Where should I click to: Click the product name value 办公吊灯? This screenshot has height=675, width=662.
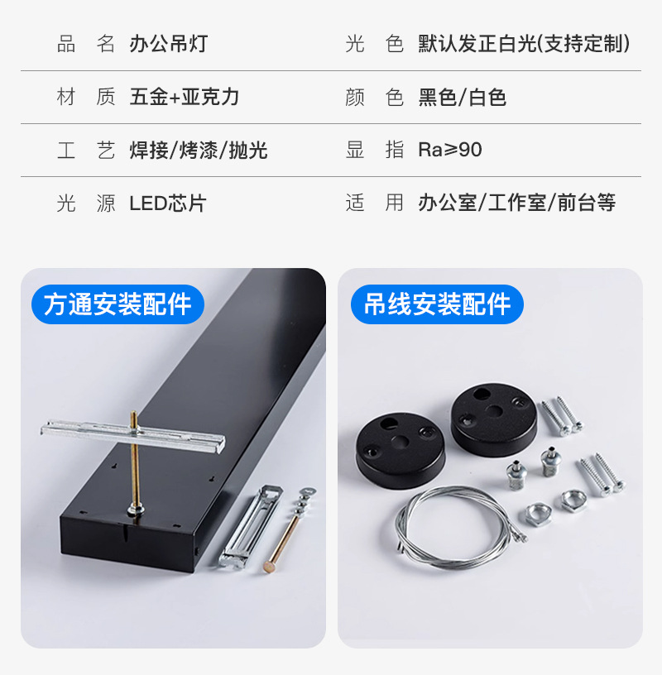(169, 44)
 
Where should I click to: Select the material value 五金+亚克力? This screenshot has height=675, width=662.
(185, 97)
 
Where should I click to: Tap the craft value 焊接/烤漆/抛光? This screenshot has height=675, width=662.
(199, 151)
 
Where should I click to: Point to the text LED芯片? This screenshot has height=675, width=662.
(168, 203)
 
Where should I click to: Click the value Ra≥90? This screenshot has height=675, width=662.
(449, 150)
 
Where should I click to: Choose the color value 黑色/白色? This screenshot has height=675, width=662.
(462, 97)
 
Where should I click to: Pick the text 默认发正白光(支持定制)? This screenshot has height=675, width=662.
(524, 44)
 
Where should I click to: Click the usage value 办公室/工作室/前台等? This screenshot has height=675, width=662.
(517, 203)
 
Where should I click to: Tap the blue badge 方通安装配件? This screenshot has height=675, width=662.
(118, 304)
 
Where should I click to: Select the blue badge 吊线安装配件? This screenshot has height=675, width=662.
(437, 304)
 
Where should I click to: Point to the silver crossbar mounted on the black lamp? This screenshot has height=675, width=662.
(133, 435)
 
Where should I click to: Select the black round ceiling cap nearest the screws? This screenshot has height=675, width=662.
(494, 419)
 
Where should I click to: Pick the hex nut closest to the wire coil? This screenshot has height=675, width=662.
(539, 514)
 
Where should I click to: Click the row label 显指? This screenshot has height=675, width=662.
(375, 150)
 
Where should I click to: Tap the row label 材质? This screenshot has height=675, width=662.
(86, 97)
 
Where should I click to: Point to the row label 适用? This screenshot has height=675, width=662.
(375, 203)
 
